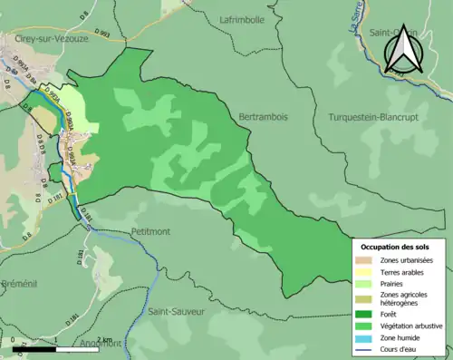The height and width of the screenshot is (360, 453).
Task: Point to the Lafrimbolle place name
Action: pos(242,19)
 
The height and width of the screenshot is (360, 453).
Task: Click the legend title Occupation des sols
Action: pos(393,247)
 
